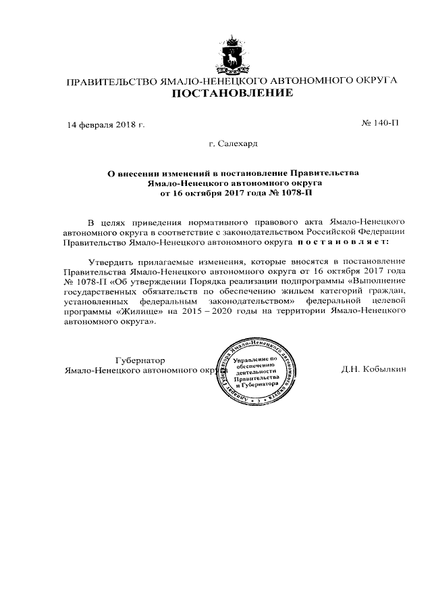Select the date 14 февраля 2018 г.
105,125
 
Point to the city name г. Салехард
233,144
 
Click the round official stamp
255,377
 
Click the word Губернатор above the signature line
140,360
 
